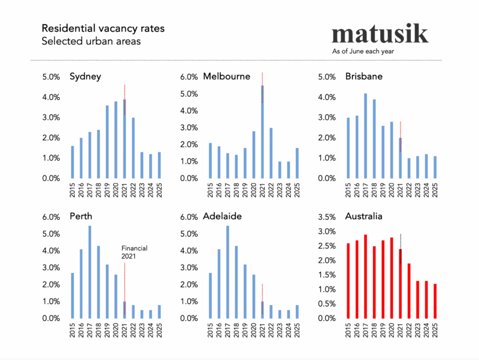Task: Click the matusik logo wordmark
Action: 380,34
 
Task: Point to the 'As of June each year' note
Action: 363,52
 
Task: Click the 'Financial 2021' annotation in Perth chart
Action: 134,252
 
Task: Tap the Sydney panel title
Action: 85,77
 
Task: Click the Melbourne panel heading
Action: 226,77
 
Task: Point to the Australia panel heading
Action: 364,216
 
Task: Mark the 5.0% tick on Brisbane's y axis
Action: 333,77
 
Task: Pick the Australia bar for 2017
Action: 365,276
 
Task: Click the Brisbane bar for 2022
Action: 409,168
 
